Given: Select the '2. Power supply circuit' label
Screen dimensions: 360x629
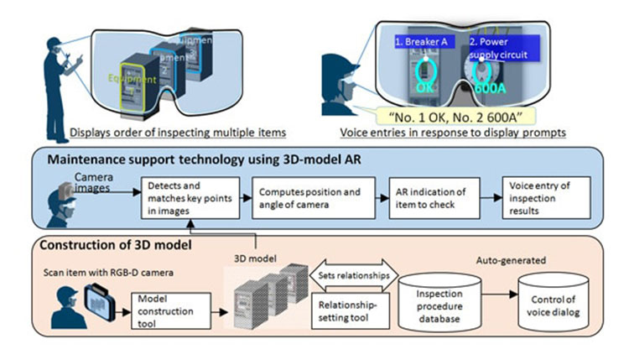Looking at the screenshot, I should (502, 47).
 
